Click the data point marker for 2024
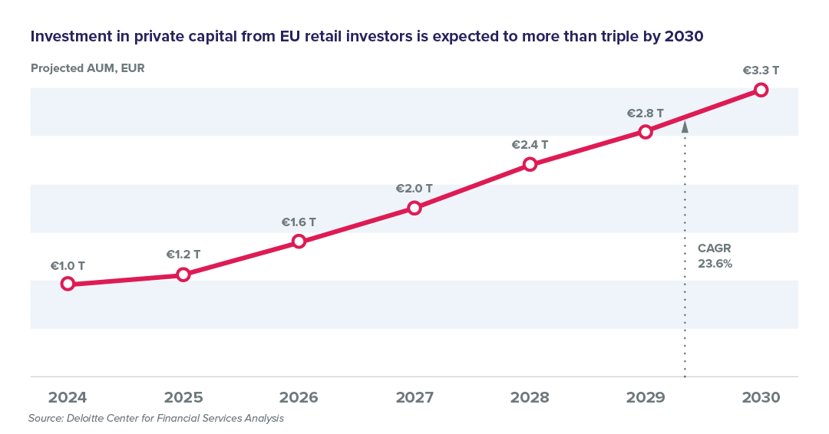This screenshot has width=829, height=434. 68,283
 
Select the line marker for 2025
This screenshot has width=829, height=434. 183,274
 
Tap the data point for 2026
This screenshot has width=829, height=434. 299,242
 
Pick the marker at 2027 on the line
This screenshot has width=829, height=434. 414,208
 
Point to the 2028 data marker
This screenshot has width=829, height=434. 530,164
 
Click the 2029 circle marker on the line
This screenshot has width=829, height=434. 646,132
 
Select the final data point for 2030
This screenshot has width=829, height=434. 761,90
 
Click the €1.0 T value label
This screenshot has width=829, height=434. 68,266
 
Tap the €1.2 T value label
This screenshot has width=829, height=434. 183,254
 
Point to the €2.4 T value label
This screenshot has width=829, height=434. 530,144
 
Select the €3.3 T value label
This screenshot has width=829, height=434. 761,71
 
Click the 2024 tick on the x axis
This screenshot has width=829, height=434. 68,398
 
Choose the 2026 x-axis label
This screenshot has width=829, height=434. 299,398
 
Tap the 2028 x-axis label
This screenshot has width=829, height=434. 530,398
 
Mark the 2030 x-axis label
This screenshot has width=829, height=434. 761,398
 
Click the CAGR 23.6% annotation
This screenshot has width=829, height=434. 715,256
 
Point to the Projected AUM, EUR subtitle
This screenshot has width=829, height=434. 88,68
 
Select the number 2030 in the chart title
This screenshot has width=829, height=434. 682,36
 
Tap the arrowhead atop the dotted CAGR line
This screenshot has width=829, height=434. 685,127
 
